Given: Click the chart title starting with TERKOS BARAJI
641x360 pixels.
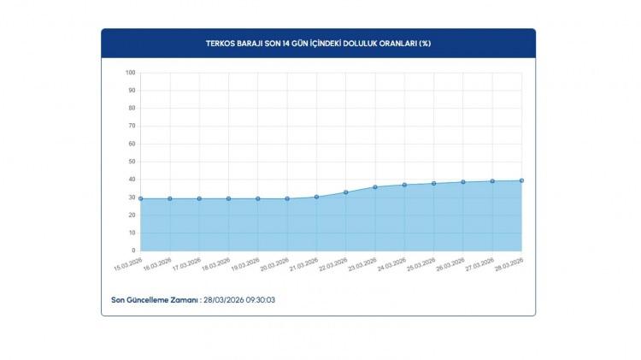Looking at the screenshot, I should tap(318, 43).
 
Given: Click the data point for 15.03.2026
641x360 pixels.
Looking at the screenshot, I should tap(140, 198).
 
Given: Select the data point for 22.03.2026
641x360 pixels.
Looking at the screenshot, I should tap(345, 192).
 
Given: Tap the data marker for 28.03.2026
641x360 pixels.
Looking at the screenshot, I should tap(521, 180).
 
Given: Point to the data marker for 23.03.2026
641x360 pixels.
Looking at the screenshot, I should tap(375, 186).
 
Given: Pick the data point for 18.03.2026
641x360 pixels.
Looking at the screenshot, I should tap(228, 198).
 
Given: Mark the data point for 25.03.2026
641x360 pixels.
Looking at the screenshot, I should tap(433, 183).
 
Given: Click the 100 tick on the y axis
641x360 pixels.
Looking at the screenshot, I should tap(130, 73).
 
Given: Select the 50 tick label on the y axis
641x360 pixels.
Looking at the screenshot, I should tap(132, 162).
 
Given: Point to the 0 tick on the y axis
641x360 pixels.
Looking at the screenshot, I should tap(133, 251).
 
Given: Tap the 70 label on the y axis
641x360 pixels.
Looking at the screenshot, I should tap(132, 126).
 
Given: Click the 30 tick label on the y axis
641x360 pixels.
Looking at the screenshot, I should tap(132, 198).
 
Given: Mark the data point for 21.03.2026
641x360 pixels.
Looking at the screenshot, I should tap(316, 197).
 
